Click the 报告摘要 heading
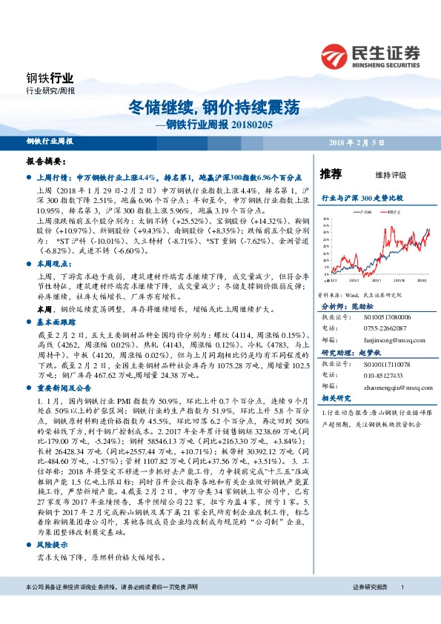(x=47, y=161)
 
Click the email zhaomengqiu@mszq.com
(x=388, y=387)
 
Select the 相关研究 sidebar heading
(x=334, y=398)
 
